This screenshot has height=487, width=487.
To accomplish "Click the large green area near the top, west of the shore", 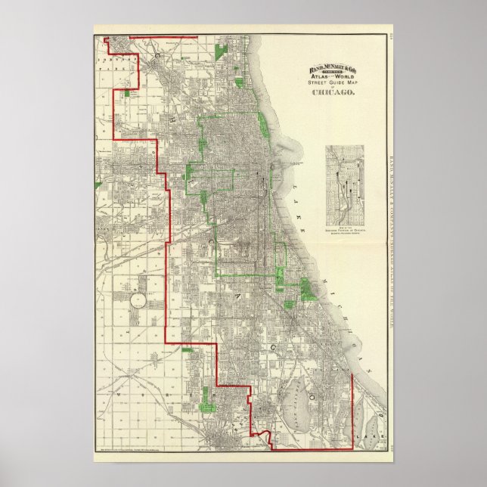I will point(222,53).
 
